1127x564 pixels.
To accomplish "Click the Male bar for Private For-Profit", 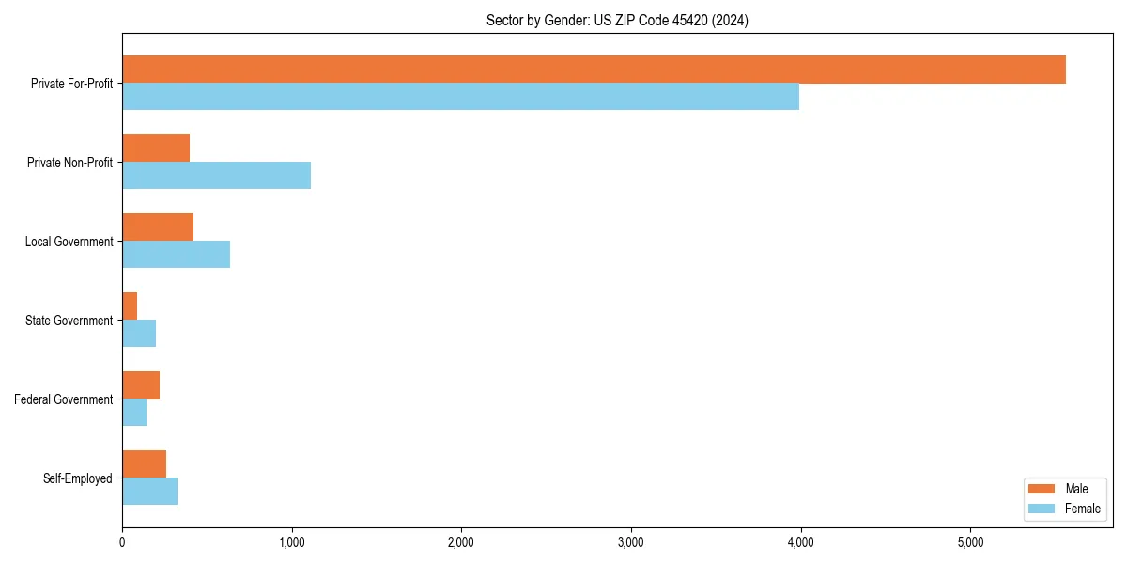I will click(x=594, y=70).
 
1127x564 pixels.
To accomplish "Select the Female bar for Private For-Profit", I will click(x=460, y=97).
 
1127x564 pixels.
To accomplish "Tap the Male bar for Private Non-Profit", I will click(x=156, y=149).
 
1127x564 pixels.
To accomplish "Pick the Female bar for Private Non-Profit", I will click(x=216, y=176).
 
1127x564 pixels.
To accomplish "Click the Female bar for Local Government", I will click(x=176, y=255).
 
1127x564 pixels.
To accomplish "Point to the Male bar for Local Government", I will click(x=158, y=227).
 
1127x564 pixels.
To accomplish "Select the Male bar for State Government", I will click(x=130, y=306).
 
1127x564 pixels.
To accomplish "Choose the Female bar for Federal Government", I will click(x=134, y=413).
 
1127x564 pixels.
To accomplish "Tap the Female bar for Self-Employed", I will click(x=149, y=492).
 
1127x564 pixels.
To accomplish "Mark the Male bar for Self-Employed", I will click(x=144, y=464).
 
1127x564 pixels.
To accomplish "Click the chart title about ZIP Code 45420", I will click(x=617, y=20).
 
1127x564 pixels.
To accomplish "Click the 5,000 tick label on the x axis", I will click(x=970, y=542).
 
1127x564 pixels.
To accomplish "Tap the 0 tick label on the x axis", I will click(x=122, y=542).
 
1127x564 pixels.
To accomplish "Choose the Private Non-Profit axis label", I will click(x=69, y=163).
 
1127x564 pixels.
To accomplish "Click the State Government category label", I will click(x=69, y=321).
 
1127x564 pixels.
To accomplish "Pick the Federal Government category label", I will click(x=64, y=399).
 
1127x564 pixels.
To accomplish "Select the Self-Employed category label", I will click(x=78, y=478).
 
